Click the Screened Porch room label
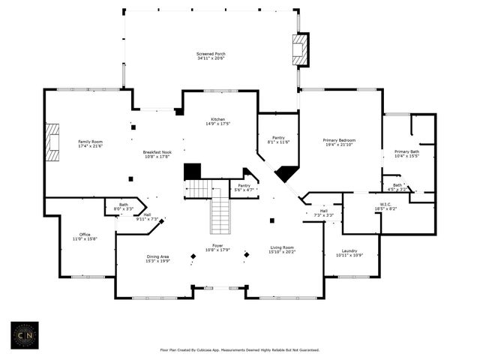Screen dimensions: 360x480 click(211, 56)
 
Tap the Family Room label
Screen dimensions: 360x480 click(90, 143)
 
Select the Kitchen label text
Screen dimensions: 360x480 click(218, 121)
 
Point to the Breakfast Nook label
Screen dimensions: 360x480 click(157, 154)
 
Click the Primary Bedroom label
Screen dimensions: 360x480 click(339, 142)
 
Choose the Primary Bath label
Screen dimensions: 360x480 click(407, 154)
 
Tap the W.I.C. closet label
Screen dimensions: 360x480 click(387, 206)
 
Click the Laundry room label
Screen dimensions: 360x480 click(349, 253)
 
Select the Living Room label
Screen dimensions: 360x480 click(282, 249)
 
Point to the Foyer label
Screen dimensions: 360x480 click(217, 247)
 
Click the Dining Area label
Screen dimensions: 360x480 click(157, 259)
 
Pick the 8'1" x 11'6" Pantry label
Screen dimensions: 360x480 click(278, 140)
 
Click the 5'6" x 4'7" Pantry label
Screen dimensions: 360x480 click(244, 187)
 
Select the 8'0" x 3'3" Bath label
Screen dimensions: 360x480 click(123, 207)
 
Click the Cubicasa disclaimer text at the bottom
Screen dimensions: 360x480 click(240, 349)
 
